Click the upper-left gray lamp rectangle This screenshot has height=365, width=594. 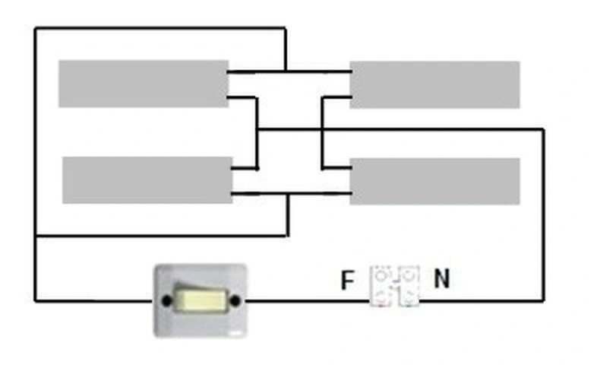click(x=144, y=84)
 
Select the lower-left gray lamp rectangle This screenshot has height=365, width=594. click(x=147, y=180)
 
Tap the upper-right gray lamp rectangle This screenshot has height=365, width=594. click(x=434, y=84)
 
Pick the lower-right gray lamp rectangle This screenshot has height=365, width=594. click(x=434, y=182)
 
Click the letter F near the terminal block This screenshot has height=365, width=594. click(x=347, y=280)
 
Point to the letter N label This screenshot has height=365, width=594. click(x=442, y=278)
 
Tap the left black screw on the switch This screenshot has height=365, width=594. click(x=166, y=300)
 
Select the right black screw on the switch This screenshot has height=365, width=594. click(x=235, y=300)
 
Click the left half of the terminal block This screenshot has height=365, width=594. click(x=382, y=286)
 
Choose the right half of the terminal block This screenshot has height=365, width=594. click(x=409, y=286)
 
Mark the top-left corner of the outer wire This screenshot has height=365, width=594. click(x=35, y=28)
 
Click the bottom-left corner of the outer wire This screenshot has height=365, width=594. click(x=35, y=301)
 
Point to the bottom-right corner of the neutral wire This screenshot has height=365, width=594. click(x=544, y=300)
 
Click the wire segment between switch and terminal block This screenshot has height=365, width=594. click(x=308, y=301)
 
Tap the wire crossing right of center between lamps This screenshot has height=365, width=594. click(x=322, y=130)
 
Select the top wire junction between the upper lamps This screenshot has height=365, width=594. click(x=286, y=71)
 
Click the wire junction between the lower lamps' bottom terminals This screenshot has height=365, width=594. click(x=288, y=194)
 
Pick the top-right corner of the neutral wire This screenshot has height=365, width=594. click(x=544, y=130)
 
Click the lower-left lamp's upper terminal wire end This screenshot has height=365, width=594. click(x=233, y=168)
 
